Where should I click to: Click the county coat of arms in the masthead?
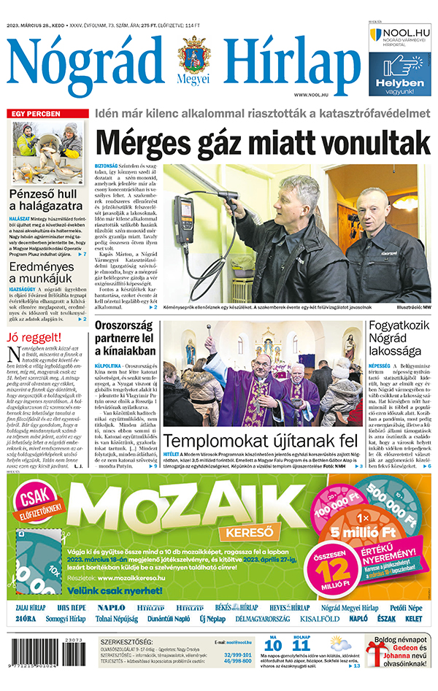point(193,56)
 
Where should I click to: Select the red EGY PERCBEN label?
point(33,114)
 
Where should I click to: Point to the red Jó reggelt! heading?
point(33,338)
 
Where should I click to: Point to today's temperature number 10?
point(272,645)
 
